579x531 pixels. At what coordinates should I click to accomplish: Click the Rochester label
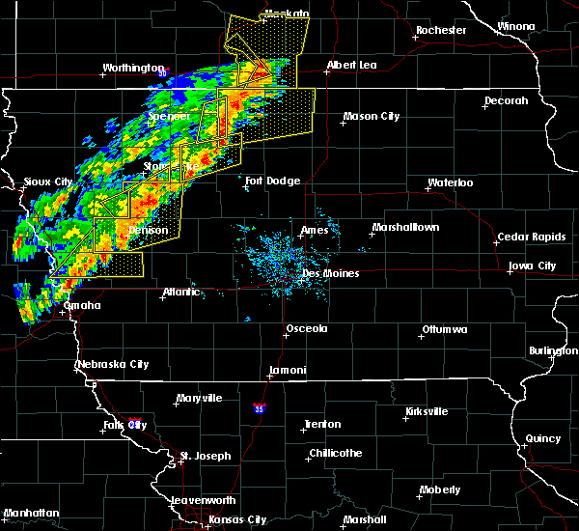(441, 30)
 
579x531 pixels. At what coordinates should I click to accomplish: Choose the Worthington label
(133, 69)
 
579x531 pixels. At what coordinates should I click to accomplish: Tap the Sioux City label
(48, 182)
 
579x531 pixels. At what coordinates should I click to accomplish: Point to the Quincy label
(542, 438)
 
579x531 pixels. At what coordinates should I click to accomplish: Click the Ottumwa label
(444, 330)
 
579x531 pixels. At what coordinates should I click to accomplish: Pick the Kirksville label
(426, 411)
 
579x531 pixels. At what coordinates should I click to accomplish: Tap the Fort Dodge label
(272, 181)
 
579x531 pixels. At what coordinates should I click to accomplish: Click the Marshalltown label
(406, 228)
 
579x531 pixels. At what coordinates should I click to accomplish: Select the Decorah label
(507, 100)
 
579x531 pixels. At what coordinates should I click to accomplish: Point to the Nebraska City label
(112, 364)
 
